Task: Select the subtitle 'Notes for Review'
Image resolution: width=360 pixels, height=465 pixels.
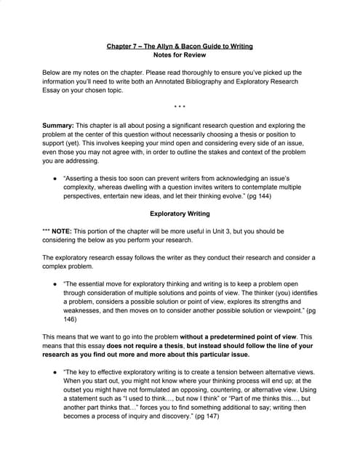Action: click(x=180, y=55)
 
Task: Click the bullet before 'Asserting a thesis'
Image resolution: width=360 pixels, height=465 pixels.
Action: click(x=56, y=177)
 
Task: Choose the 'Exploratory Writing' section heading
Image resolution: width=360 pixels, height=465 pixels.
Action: click(x=180, y=214)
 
